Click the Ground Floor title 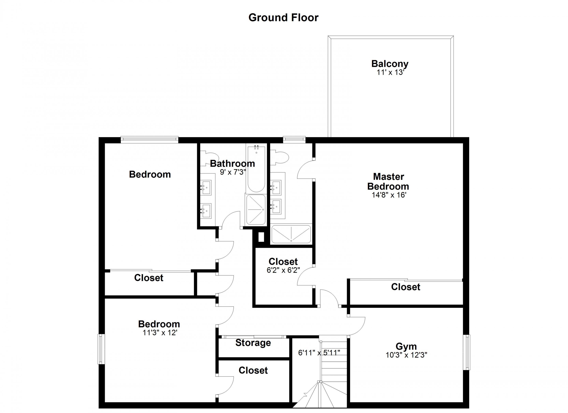click(283, 18)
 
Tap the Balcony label click(390, 64)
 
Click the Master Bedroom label click(388, 182)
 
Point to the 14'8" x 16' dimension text click(389, 195)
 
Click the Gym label click(406, 347)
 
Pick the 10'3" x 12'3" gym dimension click(406, 355)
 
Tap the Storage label click(253, 343)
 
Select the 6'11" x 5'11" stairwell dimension click(319, 353)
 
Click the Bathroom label click(232, 164)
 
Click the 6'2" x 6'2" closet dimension click(283, 270)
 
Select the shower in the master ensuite click(291, 234)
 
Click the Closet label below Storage click(253, 370)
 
